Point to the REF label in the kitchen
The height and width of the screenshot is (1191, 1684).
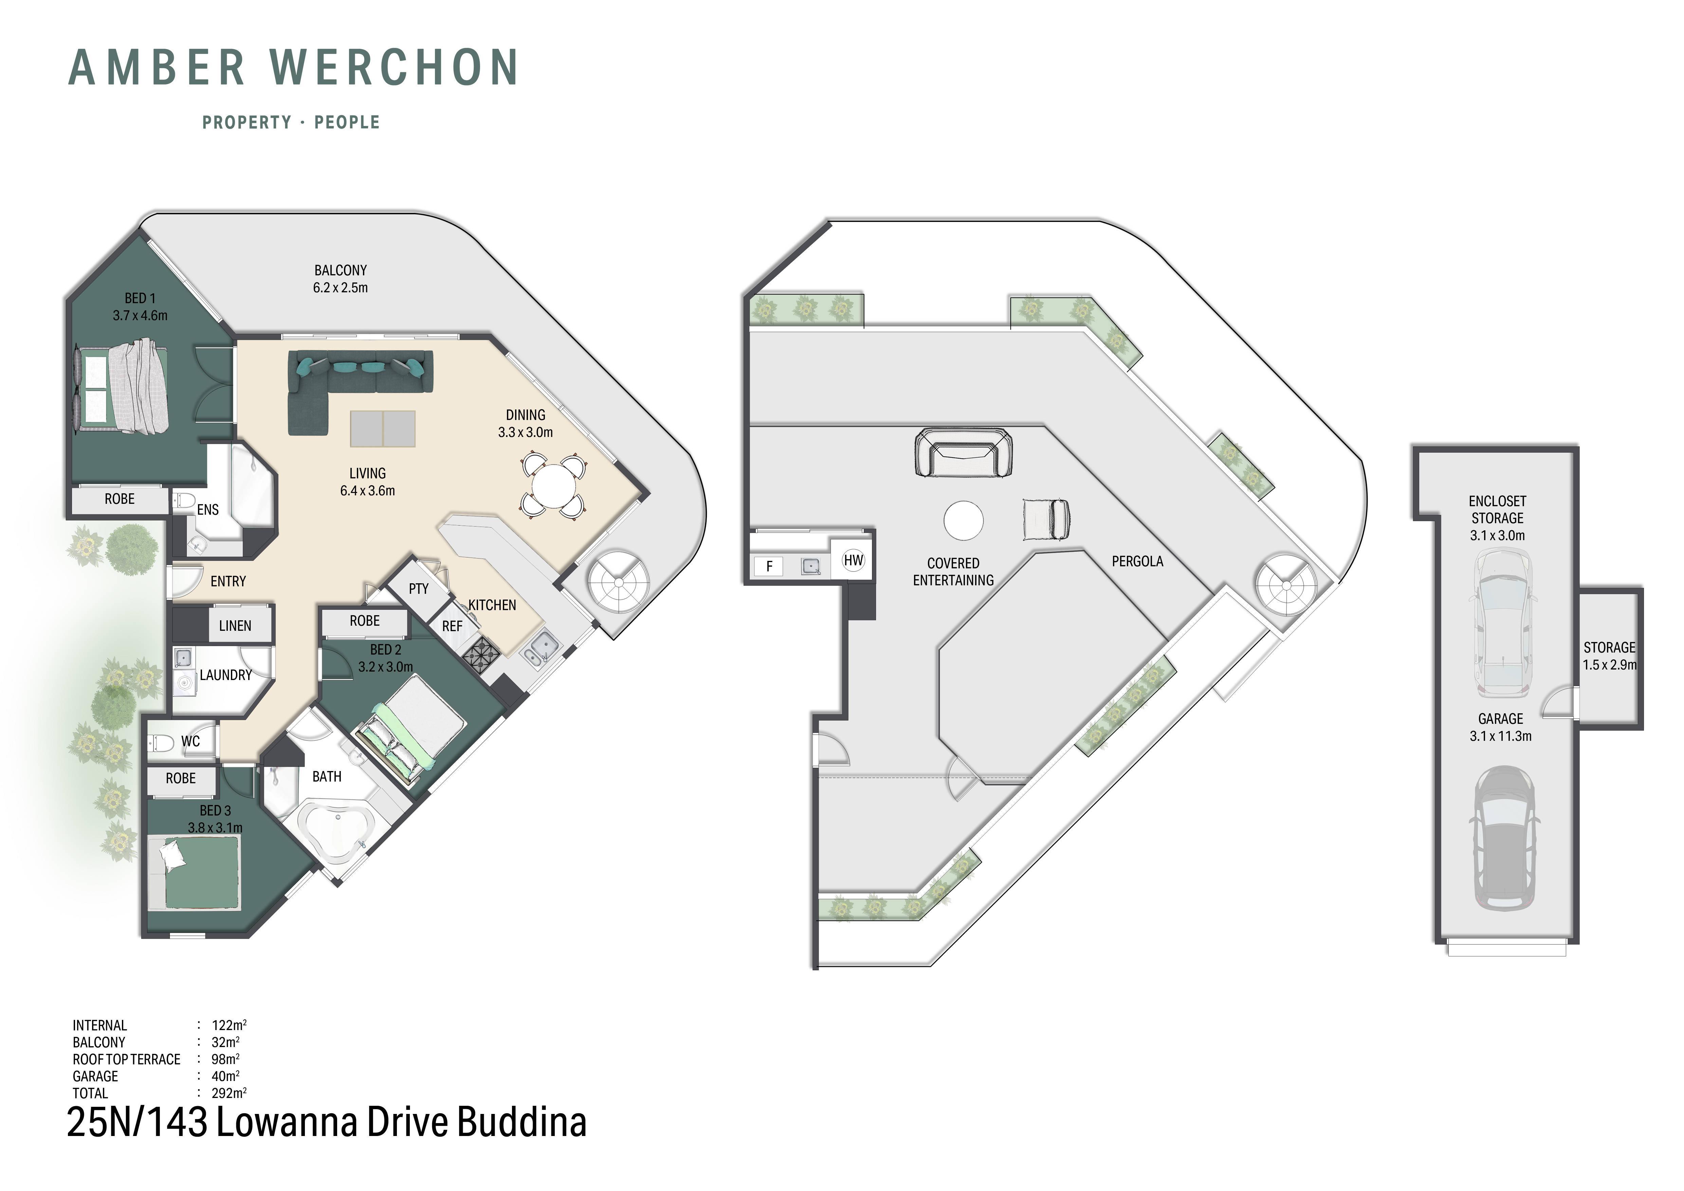click(452, 626)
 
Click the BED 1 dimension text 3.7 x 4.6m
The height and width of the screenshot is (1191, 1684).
click(140, 316)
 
